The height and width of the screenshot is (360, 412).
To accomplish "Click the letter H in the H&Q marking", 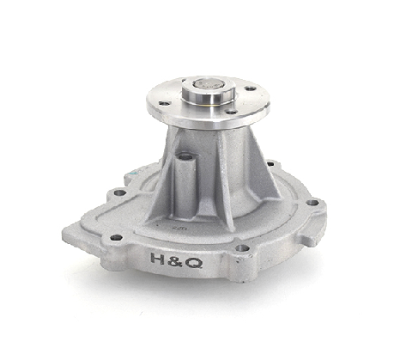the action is click(x=157, y=259).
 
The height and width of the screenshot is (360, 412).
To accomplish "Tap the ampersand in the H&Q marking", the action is click(x=175, y=261).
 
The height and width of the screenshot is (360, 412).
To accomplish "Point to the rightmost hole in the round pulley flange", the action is click(x=251, y=88).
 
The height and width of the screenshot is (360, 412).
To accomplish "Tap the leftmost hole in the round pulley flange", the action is click(x=165, y=103).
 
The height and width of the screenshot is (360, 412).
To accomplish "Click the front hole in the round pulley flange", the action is click(x=232, y=113).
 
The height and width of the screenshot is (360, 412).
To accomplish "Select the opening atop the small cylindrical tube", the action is click(x=185, y=156).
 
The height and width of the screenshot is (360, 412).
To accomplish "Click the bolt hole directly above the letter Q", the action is click(x=242, y=247).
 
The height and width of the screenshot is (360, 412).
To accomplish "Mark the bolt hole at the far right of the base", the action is click(x=312, y=203).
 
